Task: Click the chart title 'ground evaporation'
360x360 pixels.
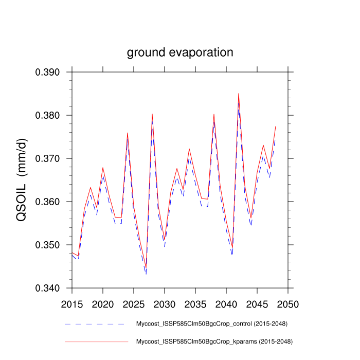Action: click(180, 52)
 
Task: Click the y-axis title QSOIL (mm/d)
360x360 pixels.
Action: click(22, 180)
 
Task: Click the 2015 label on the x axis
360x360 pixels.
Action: click(73, 304)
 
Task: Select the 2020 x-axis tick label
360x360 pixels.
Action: click(103, 304)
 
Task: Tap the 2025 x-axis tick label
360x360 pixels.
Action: click(134, 304)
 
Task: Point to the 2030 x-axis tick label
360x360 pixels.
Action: click(164, 304)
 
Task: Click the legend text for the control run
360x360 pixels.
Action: click(211, 324)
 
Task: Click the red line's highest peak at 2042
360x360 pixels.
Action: click(238, 94)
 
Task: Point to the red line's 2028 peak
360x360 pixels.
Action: click(152, 114)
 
